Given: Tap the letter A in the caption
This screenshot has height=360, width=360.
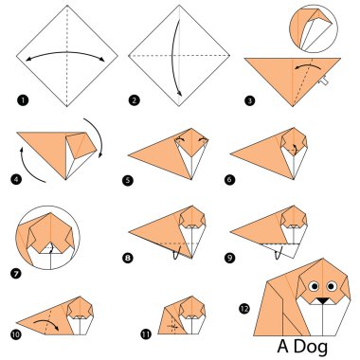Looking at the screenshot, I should tap(284, 347).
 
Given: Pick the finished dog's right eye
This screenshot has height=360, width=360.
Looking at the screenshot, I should tap(333, 284).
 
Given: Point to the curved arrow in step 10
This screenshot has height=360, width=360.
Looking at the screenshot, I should tap(47, 325).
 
